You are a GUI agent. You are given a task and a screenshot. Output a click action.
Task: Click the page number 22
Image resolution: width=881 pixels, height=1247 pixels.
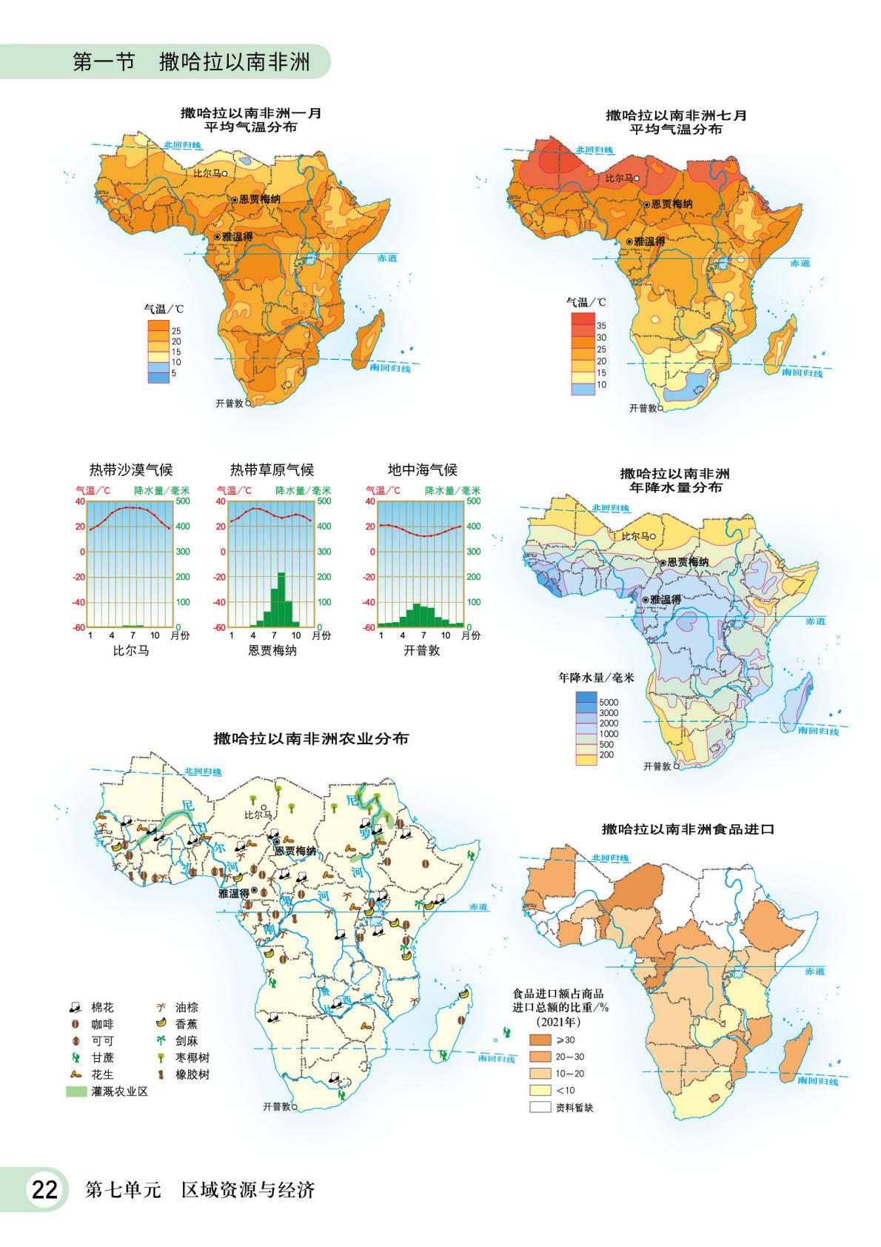(x=43, y=1190)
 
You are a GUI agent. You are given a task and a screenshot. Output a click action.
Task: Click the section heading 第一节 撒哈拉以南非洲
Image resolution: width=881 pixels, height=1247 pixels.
(x=191, y=61)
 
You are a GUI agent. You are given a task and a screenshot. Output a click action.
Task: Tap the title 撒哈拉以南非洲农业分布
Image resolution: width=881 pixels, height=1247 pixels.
(x=311, y=738)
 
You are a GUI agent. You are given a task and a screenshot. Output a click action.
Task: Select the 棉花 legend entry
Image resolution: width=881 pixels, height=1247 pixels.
(x=102, y=1008)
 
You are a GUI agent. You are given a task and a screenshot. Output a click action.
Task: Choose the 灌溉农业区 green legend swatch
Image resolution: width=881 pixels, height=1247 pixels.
(x=76, y=1091)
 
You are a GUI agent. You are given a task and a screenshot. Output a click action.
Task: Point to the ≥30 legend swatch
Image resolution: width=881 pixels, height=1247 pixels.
(x=540, y=1040)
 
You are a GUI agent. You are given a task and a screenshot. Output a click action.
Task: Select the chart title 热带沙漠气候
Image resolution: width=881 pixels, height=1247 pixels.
(x=131, y=469)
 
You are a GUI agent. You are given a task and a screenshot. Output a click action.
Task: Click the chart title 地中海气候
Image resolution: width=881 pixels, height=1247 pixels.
(x=423, y=469)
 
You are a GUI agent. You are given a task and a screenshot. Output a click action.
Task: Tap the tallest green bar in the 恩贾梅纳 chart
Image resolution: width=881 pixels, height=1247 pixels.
(x=281, y=600)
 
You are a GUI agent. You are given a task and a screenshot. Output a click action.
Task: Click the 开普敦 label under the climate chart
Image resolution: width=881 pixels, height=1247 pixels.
(x=422, y=650)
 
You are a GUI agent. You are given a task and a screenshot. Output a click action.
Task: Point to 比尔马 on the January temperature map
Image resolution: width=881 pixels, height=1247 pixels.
(x=208, y=173)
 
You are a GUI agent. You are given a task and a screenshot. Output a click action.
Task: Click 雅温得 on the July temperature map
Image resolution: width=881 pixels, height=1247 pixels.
(x=649, y=241)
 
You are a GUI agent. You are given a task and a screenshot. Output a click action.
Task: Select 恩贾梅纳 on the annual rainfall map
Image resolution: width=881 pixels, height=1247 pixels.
(x=687, y=562)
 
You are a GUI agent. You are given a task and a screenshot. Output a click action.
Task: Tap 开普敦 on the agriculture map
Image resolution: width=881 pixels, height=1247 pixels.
(x=278, y=1106)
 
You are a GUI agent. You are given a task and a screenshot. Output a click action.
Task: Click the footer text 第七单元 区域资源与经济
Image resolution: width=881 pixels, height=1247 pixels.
(x=201, y=1191)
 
